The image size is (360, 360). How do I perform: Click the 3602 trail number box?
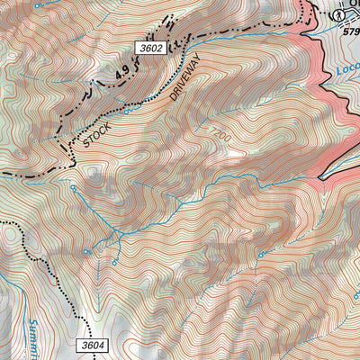click(154, 48)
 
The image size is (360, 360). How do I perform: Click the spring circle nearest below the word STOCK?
click(72, 187)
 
